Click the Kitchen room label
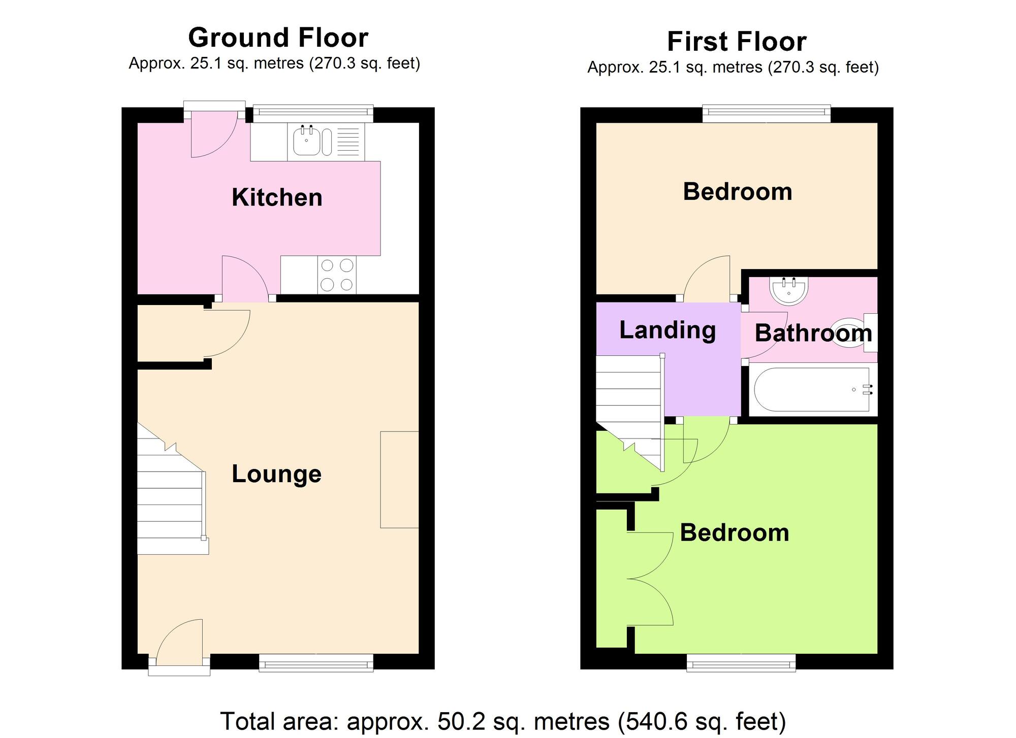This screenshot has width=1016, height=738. pos(277,197)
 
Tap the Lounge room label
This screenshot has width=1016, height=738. pos(276,474)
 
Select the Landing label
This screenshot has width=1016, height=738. pos(668,331)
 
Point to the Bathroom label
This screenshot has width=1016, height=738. pos(813,333)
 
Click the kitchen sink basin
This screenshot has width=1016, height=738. pos(307,141)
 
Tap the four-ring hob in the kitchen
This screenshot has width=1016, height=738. pos(337,275)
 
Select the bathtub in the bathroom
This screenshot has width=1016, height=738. pos(811,389)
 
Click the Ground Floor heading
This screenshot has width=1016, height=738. pos(278,38)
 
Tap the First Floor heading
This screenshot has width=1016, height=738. pos(737,42)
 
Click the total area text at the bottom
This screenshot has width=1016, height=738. pos(503,721)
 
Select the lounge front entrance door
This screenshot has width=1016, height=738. pos(179,645)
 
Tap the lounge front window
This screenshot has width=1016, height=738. pos(316,663)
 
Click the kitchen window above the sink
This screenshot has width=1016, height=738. pos(313,114)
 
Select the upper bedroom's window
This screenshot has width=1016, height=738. pos(766,114)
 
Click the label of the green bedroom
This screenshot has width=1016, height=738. pos(735,533)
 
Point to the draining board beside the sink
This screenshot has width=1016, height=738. pos(348,142)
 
